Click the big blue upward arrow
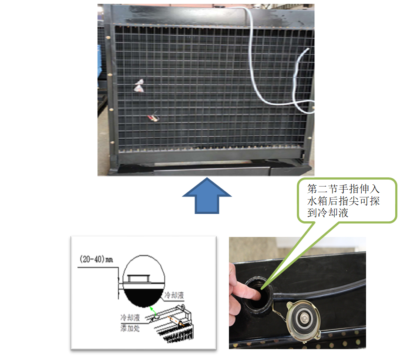point(207,196)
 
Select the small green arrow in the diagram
point(153,311)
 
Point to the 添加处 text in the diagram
point(130,328)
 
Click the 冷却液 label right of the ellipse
point(174,296)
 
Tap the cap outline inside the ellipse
point(138,279)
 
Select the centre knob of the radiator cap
point(304,318)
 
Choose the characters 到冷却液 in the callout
point(328,213)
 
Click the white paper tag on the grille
point(139,86)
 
